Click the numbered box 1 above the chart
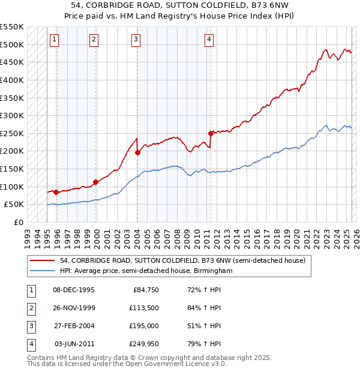click(x=55, y=40)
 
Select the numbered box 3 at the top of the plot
click(x=136, y=40)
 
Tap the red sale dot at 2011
click(x=211, y=133)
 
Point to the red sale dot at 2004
click(x=137, y=152)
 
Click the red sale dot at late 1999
click(x=95, y=182)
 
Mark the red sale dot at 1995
click(x=56, y=192)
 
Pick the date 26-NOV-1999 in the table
click(x=73, y=308)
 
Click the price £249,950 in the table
click(x=142, y=344)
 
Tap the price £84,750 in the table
click(x=143, y=290)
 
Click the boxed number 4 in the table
click(x=30, y=344)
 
